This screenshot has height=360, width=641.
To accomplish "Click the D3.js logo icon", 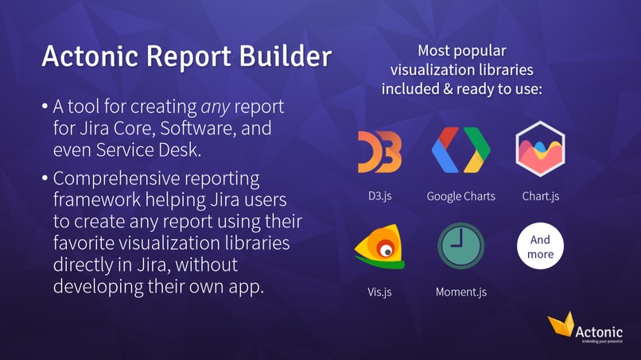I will (379, 152).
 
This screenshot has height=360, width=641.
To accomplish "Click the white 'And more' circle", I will (540, 247).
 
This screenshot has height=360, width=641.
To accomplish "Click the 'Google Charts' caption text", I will (460, 195).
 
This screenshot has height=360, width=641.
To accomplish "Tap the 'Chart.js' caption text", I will (540, 195).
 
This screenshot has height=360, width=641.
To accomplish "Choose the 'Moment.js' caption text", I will (460, 292).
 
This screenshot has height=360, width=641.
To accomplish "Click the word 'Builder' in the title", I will (283, 57).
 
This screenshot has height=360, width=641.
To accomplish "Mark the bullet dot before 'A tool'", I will (45, 106).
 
